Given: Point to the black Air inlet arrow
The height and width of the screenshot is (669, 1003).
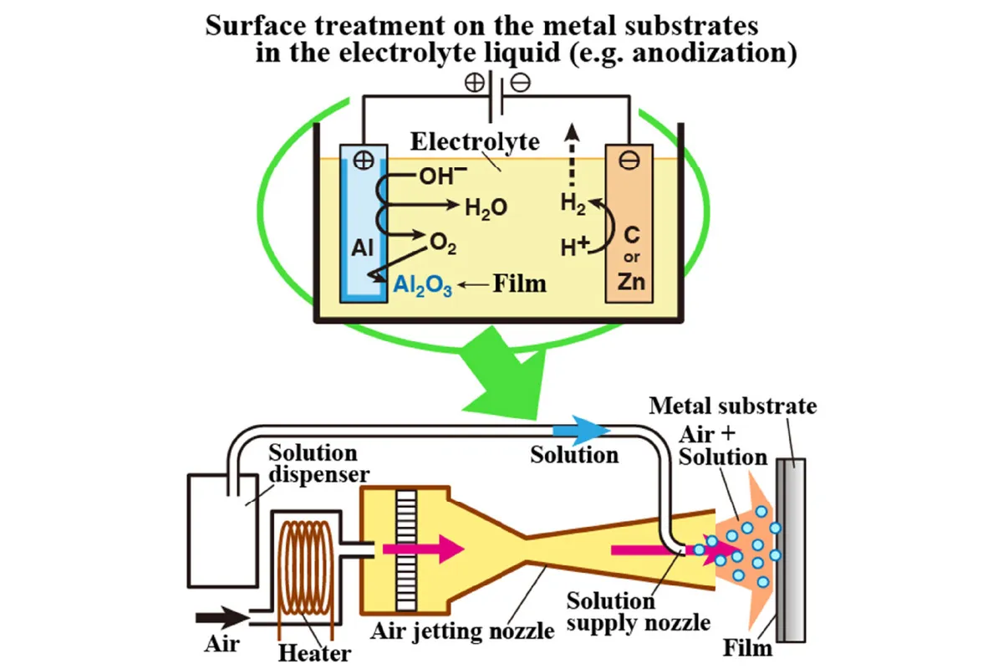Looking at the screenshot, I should point(220,619).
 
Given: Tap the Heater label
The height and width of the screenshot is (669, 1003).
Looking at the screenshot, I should point(315,651).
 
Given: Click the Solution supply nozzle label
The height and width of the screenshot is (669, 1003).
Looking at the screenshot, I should point(639,611).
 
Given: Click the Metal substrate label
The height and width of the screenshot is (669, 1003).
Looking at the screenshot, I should point(732,407).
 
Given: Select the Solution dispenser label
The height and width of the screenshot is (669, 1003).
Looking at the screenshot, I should point(313,464).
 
